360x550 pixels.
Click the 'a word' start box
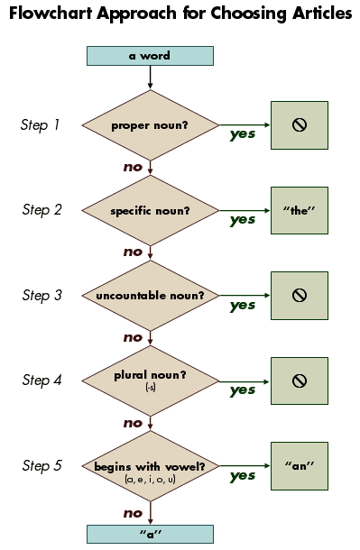pos(150,56)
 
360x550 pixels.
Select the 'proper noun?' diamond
pos(150,124)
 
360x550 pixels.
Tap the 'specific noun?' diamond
pos(150,210)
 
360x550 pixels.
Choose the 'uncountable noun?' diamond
pos(150,296)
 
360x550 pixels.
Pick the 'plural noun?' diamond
pos(150,380)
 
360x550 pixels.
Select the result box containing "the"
pos(299,210)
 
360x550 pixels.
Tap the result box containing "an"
pos(299,466)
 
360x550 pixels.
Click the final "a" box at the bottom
pos(150,534)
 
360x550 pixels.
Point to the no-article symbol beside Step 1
pos(299,124)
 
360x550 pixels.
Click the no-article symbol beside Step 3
pos(299,295)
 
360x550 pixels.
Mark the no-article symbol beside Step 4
pos(299,380)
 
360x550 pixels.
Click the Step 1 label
pos(41,124)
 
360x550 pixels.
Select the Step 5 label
pos(42,466)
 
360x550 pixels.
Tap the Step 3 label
pos(42,296)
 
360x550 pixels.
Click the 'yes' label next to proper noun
pos(242,134)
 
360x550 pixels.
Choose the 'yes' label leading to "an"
pos(242,475)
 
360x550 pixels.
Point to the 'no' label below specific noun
pos(133,252)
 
